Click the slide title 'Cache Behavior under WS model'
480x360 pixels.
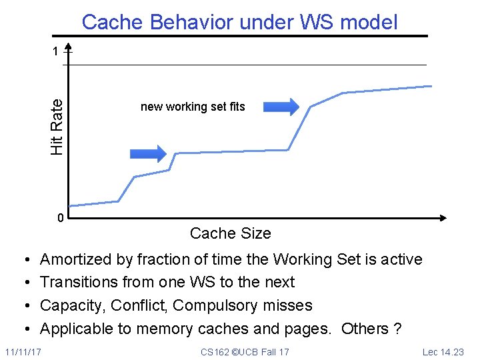(239, 22)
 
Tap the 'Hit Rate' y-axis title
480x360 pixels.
(57, 127)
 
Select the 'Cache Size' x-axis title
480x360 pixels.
(230, 233)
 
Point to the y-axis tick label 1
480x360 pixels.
(57, 51)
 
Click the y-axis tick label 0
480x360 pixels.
(60, 219)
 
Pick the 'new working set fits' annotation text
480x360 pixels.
(193, 107)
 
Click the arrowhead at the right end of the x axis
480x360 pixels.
(442, 218)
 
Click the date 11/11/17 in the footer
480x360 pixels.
(22, 351)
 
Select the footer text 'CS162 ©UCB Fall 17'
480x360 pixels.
(245, 351)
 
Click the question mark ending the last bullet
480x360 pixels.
(397, 329)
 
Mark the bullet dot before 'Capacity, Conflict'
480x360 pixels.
(24, 306)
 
